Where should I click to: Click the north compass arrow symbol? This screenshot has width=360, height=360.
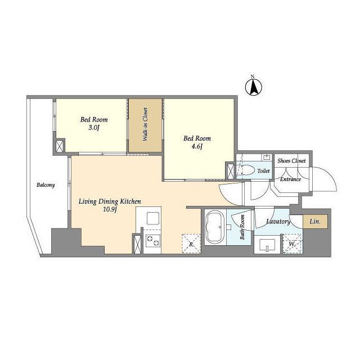(x=254, y=87)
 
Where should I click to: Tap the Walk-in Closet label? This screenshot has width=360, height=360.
(x=145, y=124)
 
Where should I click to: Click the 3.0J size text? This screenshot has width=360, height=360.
(x=94, y=128)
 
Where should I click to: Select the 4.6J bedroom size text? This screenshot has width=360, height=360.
(x=197, y=146)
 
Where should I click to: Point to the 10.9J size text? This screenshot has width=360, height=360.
(x=110, y=209)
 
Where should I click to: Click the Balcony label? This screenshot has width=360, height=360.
(x=46, y=185)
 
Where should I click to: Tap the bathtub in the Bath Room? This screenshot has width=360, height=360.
(x=215, y=227)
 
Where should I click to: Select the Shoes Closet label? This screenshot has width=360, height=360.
(x=291, y=161)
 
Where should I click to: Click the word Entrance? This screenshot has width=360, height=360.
(x=290, y=179)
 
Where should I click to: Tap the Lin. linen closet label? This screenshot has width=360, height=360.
(x=315, y=222)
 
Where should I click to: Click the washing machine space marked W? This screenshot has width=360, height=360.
(x=292, y=244)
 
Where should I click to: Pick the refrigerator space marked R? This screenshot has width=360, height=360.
(x=191, y=244)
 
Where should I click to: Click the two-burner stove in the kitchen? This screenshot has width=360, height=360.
(x=152, y=241)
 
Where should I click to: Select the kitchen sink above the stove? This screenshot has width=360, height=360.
(x=153, y=218)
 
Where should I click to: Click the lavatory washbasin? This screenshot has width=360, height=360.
(x=267, y=245)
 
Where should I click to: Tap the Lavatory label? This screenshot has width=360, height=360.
(x=278, y=222)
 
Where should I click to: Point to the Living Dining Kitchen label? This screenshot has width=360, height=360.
(x=110, y=201)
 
